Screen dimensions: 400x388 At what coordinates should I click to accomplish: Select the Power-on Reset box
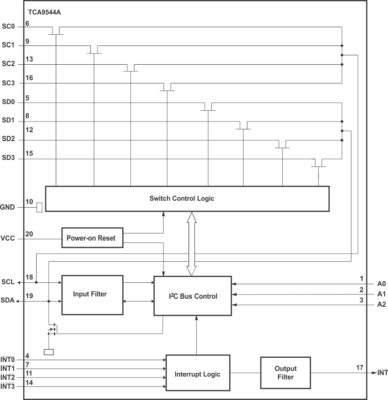click(x=92, y=238)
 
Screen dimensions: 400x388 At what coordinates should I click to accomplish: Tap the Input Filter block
click(x=90, y=294)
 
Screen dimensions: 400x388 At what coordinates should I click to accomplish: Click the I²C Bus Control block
click(x=193, y=296)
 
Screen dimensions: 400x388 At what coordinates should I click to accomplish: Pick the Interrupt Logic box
click(x=197, y=374)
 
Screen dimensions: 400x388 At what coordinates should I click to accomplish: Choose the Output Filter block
click(x=285, y=373)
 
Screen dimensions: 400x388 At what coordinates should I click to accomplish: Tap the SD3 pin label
click(x=8, y=159)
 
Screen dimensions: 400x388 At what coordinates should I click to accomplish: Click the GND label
click(x=8, y=207)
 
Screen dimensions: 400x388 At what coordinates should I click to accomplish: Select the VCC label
click(x=8, y=238)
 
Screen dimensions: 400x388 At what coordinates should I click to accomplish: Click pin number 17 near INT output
click(x=359, y=368)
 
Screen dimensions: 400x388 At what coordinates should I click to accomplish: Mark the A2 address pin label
click(x=381, y=305)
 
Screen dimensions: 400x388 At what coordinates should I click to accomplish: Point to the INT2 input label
click(x=8, y=377)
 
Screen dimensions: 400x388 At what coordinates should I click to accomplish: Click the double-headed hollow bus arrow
click(x=191, y=244)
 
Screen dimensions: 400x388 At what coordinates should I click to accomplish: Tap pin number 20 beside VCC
click(x=29, y=234)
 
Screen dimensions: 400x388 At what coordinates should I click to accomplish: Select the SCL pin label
click(x=8, y=282)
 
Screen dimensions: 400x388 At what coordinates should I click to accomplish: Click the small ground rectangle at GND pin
click(x=39, y=207)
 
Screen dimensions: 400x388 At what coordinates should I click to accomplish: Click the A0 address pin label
click(x=381, y=284)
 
